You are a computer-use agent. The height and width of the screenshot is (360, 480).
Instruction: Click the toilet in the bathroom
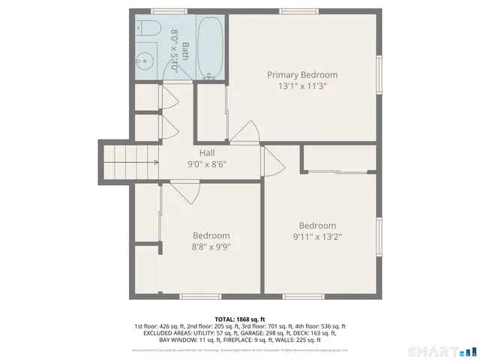(147, 29)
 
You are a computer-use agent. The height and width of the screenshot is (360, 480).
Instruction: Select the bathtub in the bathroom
(209, 46)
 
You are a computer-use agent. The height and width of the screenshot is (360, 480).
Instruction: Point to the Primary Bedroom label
(302, 75)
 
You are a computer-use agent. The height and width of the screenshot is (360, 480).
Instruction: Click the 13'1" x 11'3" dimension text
(302, 86)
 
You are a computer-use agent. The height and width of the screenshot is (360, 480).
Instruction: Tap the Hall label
(207, 153)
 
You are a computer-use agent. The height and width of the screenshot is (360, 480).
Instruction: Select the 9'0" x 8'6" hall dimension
(207, 164)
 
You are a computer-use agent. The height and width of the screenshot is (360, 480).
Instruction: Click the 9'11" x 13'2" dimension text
(317, 237)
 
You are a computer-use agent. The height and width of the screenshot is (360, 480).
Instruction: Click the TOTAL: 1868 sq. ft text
(239, 319)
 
